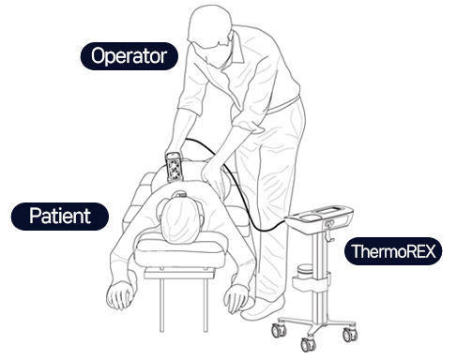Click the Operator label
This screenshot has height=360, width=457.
[x=129, y=56]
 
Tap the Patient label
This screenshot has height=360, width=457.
[x=60, y=217]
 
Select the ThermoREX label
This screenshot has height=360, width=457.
[x=393, y=251]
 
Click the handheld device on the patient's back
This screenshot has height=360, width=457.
[x=174, y=167]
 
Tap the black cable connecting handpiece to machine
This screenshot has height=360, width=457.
[x=236, y=185]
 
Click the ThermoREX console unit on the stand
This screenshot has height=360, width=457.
[x=320, y=217]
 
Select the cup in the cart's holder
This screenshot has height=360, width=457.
[x=305, y=271]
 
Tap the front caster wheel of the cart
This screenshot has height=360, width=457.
[x=307, y=344]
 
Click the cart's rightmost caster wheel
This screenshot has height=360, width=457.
[x=350, y=335]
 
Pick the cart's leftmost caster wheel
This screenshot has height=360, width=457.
[x=279, y=330]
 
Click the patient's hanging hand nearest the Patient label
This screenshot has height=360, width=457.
[x=121, y=294]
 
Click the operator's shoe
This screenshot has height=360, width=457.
[x=264, y=308]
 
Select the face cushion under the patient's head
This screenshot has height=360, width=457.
[x=181, y=249]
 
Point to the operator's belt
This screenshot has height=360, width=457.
[x=283, y=104]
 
